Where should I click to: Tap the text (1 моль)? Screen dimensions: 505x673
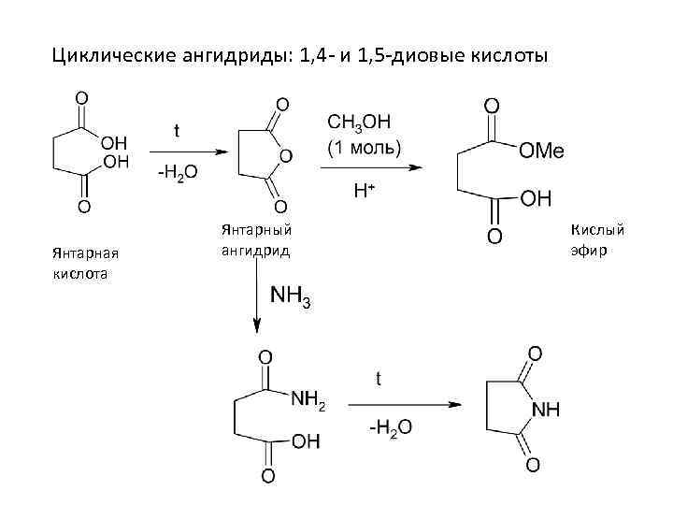coord(363,148)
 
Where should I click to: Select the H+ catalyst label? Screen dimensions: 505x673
coord(364,191)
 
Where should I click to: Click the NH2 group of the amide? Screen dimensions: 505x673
coord(308,401)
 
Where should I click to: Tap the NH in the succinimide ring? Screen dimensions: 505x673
coord(546,409)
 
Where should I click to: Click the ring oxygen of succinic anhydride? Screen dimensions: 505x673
coord(285,154)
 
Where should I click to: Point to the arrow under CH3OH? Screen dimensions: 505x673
coord(370,168)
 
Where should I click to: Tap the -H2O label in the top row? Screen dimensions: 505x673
coord(176,174)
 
